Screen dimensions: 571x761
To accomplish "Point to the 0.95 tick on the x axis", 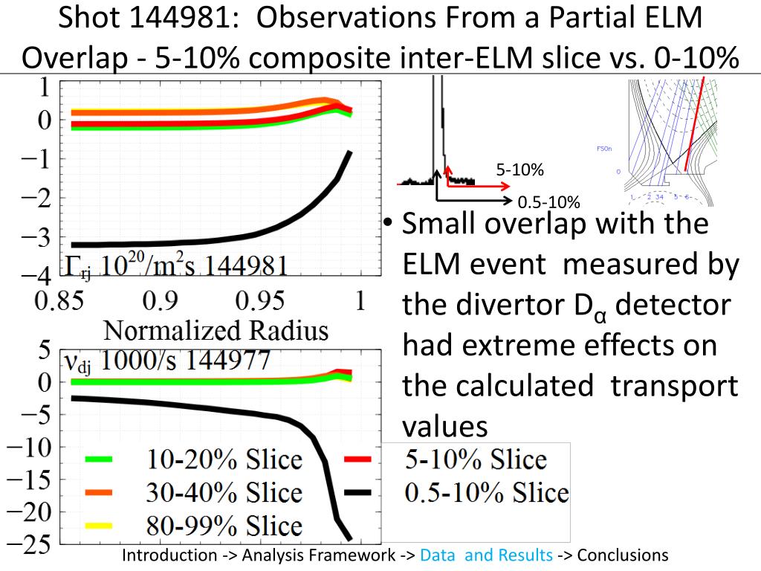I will pos(259,302).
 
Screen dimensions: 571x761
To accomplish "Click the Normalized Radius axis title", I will pos(216,329).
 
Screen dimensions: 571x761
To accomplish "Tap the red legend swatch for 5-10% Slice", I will pos(358,459).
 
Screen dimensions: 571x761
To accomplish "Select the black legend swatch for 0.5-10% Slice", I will pos(358,492).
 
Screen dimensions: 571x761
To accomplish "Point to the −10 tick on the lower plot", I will pos(29,448).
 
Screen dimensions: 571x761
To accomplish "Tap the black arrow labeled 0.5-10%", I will pos(476,201).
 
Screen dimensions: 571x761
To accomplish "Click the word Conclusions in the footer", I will pos(623,555).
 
